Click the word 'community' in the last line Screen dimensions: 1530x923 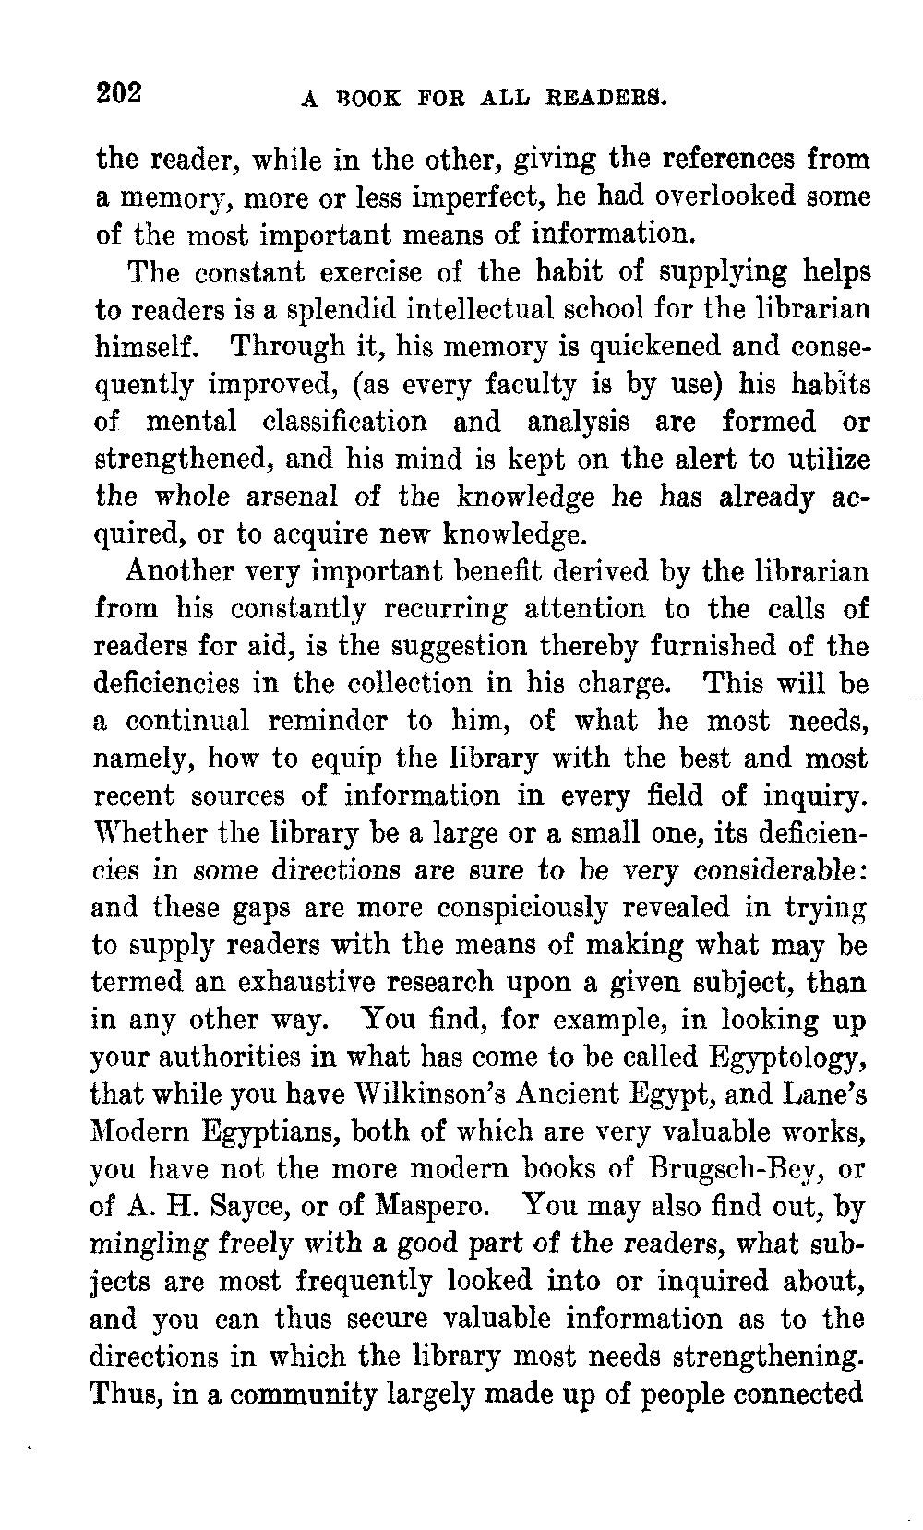(x=304, y=1394)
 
